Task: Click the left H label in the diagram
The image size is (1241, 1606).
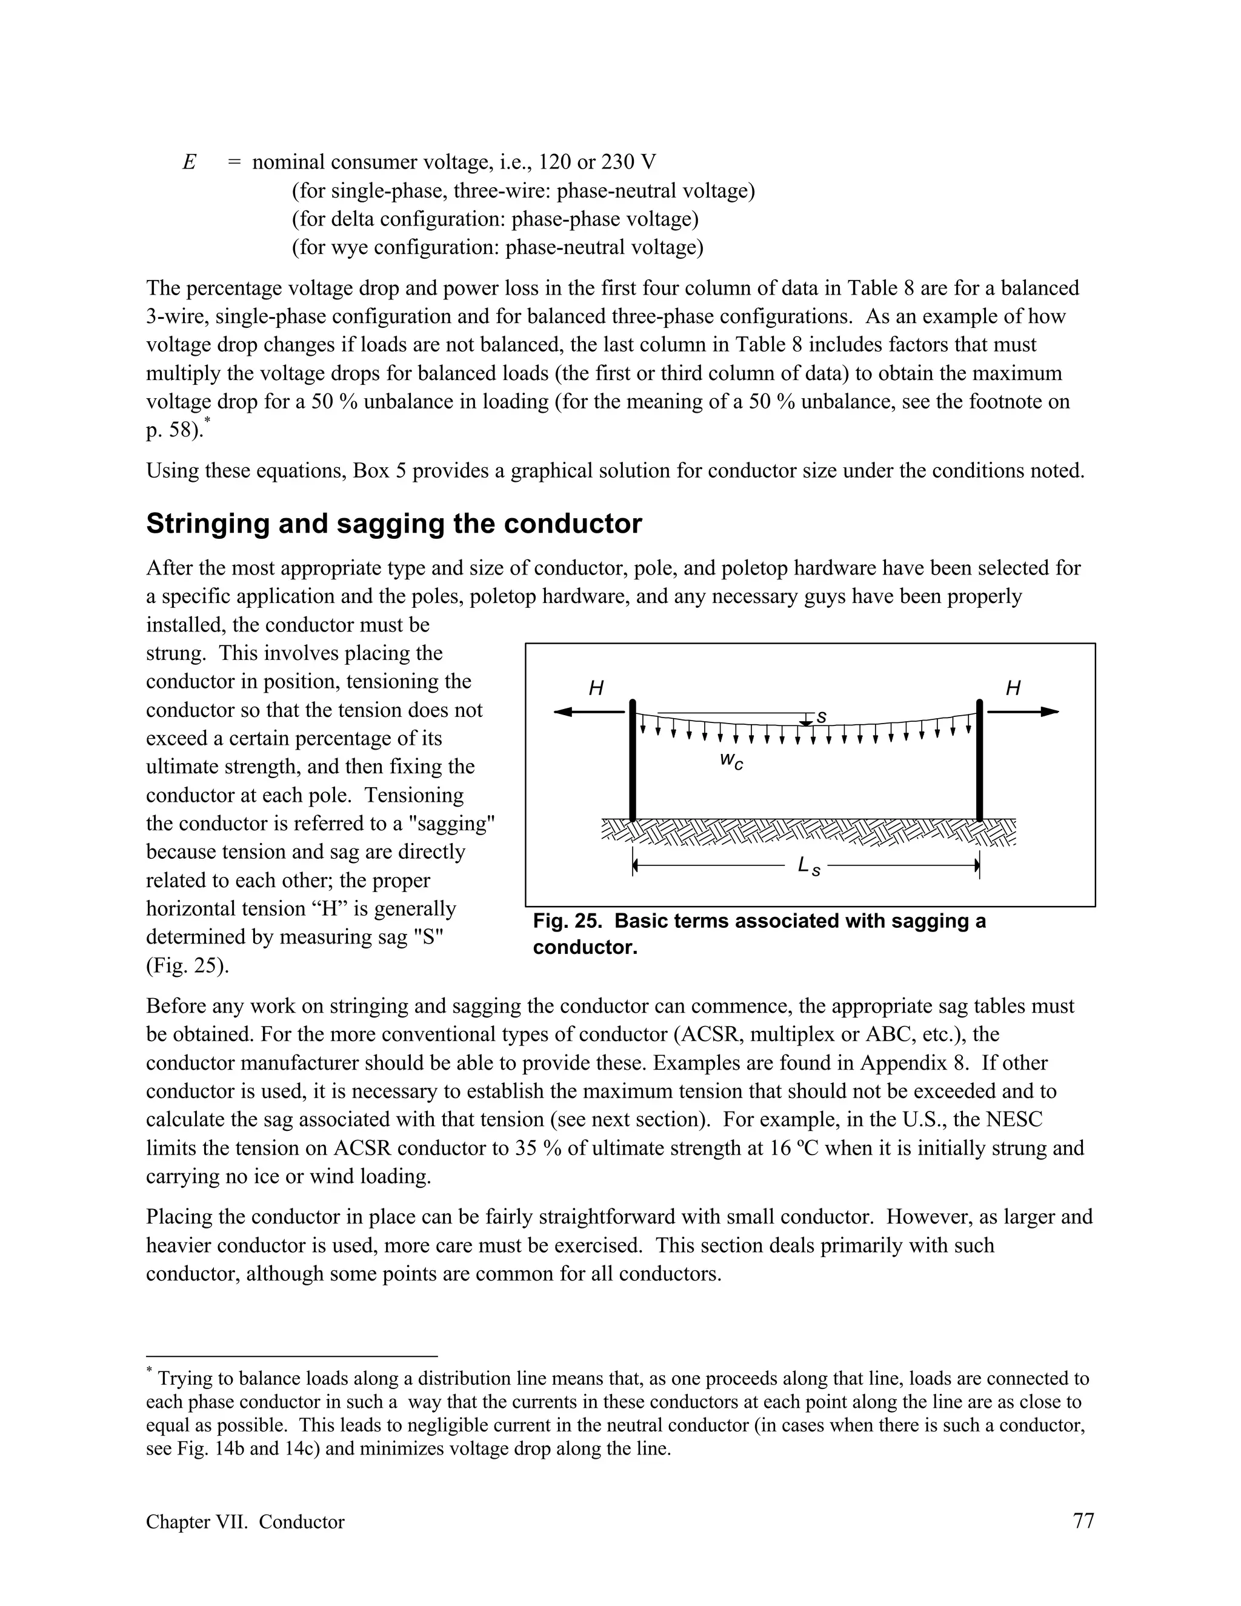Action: click(x=596, y=688)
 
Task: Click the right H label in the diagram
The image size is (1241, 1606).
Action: click(x=1013, y=688)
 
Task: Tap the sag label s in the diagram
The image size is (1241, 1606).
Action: click(x=822, y=716)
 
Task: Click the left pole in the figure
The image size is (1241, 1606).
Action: click(x=632, y=761)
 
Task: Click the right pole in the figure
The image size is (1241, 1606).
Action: click(x=979, y=761)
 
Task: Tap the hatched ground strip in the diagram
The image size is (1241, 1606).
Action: click(x=809, y=831)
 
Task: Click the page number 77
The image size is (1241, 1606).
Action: click(x=1083, y=1521)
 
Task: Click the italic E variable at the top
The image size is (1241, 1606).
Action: click(x=189, y=162)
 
